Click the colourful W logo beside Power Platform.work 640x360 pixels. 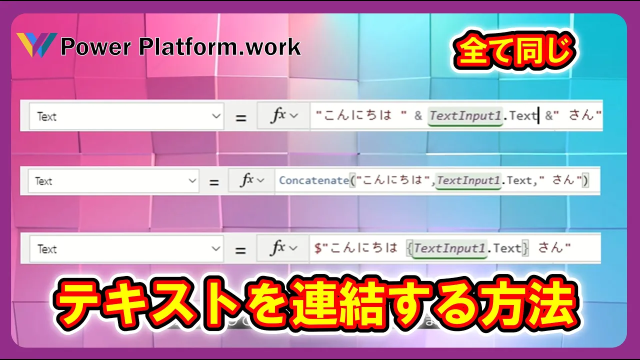(x=36, y=45)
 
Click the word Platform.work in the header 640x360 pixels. (x=220, y=47)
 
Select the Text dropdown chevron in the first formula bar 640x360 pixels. (x=216, y=116)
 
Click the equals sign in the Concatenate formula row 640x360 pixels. (x=214, y=182)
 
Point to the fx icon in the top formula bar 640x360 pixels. (x=278, y=115)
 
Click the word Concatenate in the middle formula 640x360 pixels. (x=314, y=180)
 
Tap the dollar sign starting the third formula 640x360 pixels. (x=317, y=247)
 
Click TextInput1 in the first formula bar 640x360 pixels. (x=465, y=115)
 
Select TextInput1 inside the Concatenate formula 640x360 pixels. (x=468, y=180)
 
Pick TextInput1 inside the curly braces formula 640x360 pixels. (x=449, y=248)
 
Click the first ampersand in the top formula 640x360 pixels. (x=418, y=115)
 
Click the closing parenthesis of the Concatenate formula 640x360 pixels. (x=585, y=180)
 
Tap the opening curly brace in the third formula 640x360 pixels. (x=409, y=248)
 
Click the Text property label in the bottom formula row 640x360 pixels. (x=47, y=249)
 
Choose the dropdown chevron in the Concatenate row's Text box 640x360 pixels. (x=192, y=181)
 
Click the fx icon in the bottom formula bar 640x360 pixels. (x=277, y=247)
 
